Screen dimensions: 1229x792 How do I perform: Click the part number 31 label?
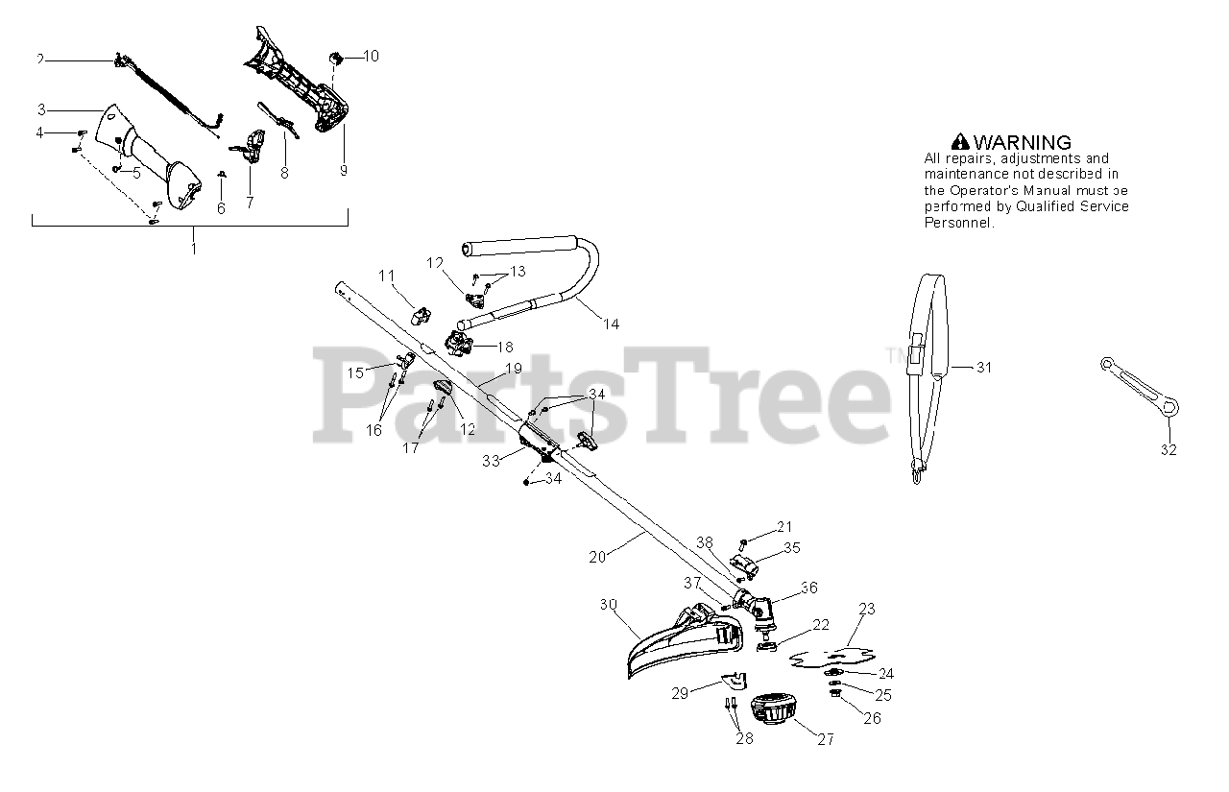[983, 368]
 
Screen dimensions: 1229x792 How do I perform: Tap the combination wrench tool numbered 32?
[1137, 388]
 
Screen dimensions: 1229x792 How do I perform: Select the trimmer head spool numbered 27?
[772, 711]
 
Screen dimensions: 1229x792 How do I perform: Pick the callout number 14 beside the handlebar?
[611, 324]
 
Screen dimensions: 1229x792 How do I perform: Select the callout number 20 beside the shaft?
[597, 556]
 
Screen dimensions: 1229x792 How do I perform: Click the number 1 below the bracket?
[193, 248]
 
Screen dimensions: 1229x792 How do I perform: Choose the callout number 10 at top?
[371, 57]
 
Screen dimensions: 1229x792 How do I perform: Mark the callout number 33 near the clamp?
[492, 461]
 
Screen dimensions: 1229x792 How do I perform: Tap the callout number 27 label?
[825, 739]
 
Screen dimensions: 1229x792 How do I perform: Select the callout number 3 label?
[41, 108]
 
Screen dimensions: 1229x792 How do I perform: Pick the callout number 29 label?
[680, 692]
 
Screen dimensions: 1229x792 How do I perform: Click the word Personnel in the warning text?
[958, 223]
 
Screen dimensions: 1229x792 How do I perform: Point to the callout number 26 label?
[872, 717]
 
